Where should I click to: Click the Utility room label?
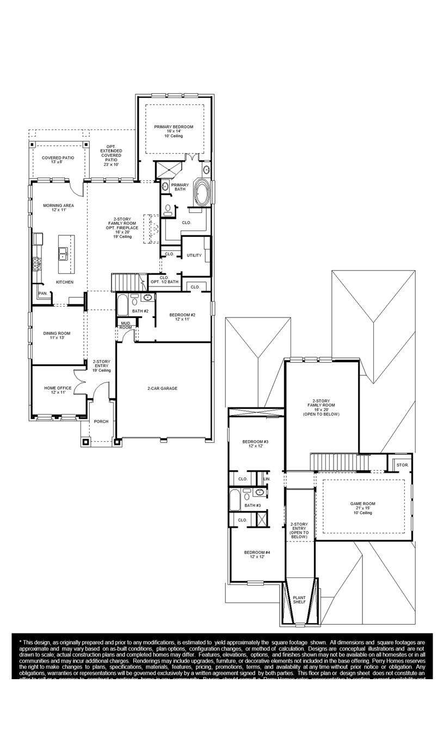tap(194, 255)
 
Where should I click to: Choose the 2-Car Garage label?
tap(162, 388)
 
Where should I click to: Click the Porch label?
tap(101, 421)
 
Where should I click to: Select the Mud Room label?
tap(126, 325)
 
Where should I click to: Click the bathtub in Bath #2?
tap(122, 304)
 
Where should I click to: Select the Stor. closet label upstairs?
tap(402, 465)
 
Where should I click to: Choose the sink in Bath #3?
tap(260, 492)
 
